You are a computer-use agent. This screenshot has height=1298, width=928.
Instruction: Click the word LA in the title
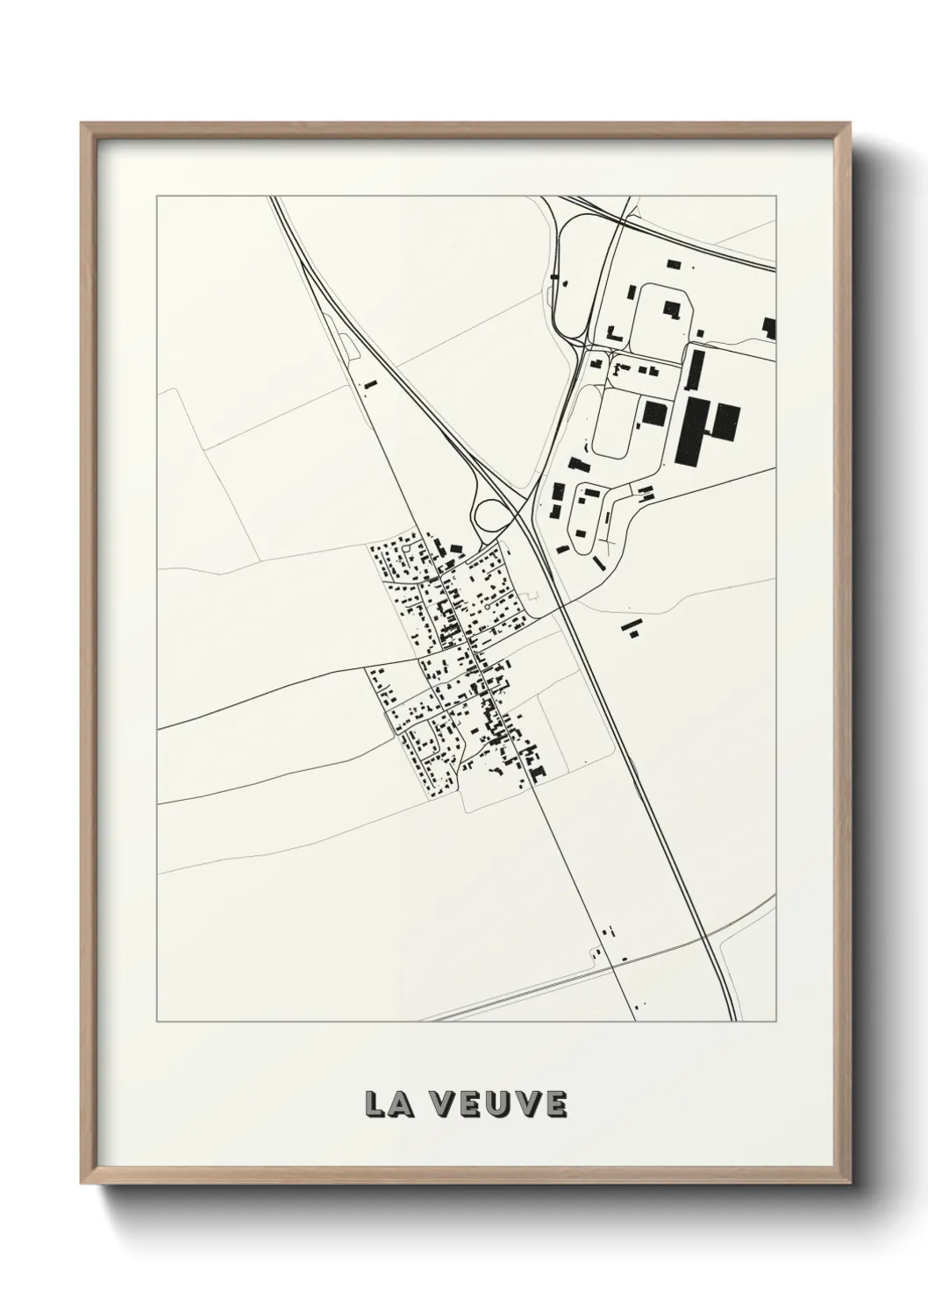tap(390, 1104)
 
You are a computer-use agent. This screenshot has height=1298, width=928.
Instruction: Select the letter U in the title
tap(500, 1104)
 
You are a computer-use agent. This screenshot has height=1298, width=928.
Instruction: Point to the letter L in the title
tap(376, 1104)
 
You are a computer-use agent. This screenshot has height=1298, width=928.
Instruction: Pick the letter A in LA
tap(403, 1104)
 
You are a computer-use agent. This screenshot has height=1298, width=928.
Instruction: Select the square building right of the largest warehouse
tap(725, 422)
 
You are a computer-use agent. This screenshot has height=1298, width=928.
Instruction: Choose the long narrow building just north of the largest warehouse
tap(697, 371)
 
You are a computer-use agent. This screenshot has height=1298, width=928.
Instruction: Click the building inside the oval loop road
tap(673, 309)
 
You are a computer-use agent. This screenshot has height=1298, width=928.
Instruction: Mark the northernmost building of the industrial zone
tap(674, 262)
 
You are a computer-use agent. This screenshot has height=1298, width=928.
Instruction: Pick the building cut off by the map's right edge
tap(769, 328)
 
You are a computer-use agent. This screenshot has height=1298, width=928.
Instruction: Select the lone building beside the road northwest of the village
tap(369, 384)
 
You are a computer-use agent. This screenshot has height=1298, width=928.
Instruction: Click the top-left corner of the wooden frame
tap(82, 124)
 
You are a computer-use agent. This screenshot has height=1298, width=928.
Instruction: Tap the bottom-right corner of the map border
tap(775, 1022)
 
